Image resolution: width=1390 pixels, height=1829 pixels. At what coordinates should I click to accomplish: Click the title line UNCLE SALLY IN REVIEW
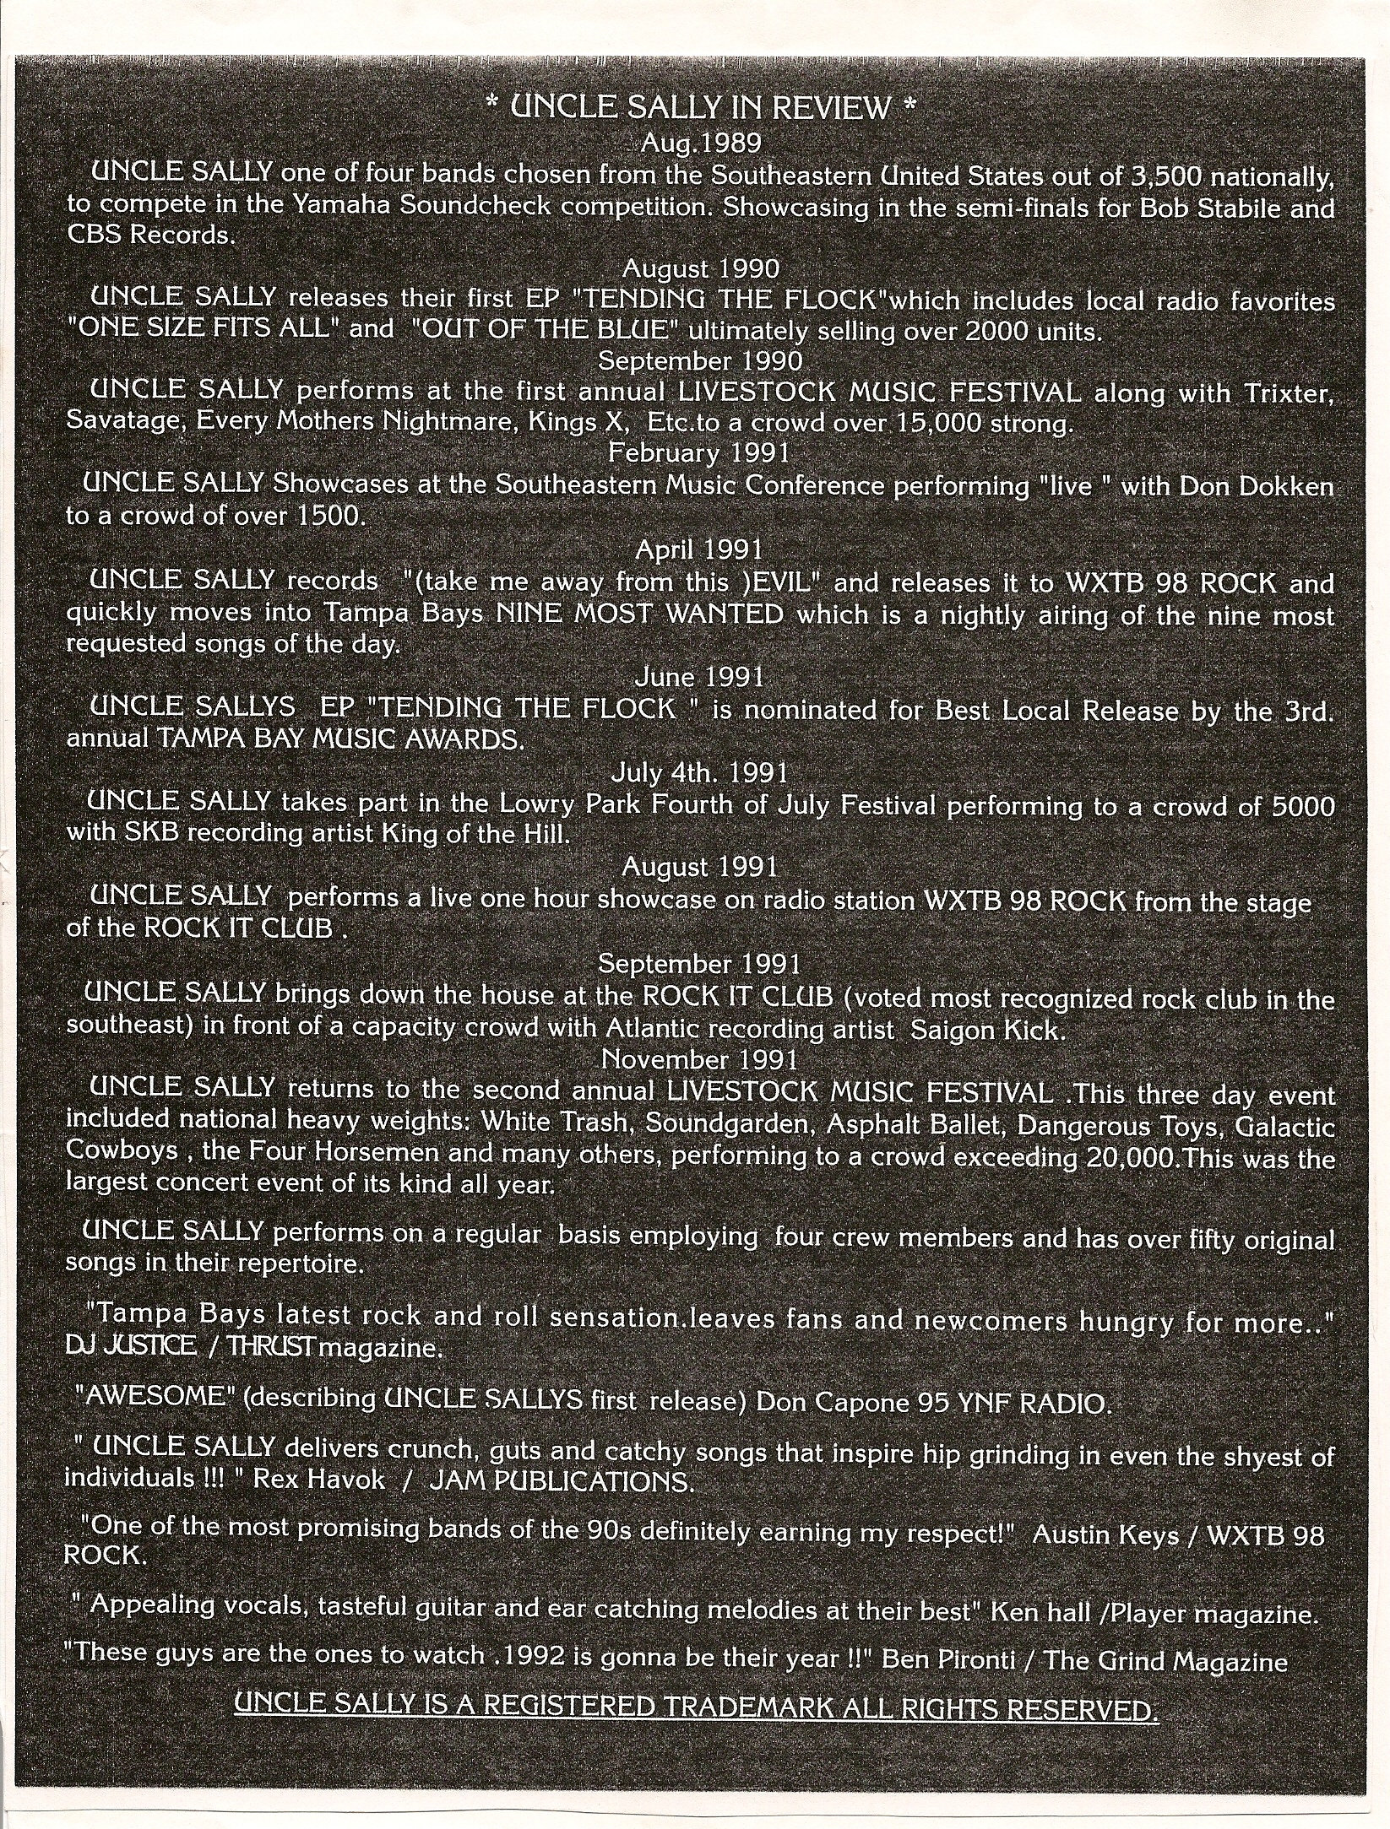pos(700,108)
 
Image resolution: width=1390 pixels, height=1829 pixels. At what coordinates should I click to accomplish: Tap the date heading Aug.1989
pos(701,142)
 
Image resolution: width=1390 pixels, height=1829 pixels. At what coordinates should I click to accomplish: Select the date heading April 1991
pos(698,550)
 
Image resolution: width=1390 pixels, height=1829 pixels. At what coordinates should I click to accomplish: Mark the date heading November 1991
pos(700,1058)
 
